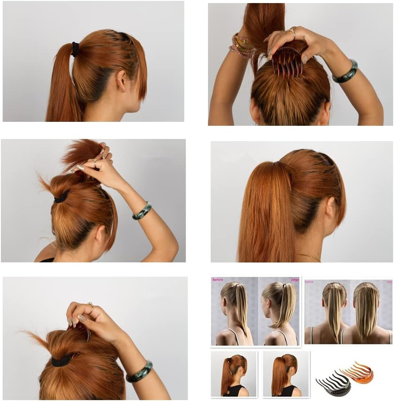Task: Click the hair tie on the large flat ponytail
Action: (x=75, y=49)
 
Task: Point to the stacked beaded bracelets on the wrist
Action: (x=242, y=46)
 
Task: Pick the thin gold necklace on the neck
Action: (x=310, y=256)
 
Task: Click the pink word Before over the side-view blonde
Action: (x=218, y=279)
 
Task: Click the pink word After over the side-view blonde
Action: (x=294, y=280)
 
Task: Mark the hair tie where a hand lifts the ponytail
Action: (x=61, y=197)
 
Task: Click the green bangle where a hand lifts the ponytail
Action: (x=142, y=211)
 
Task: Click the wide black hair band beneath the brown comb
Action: (x=61, y=360)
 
